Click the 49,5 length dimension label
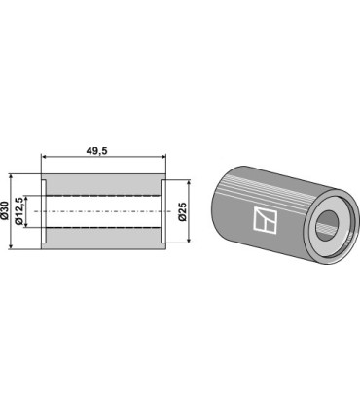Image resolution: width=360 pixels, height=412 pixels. (96, 151)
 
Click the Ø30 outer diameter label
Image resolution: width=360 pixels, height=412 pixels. (4, 210)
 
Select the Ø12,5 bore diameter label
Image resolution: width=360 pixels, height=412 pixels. (19, 211)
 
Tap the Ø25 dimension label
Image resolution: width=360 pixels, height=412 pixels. (183, 211)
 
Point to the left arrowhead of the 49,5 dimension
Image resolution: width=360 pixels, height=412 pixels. (44, 157)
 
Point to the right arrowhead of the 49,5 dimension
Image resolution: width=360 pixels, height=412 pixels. (162, 157)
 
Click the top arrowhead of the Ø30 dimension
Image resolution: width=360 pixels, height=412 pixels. (11, 177)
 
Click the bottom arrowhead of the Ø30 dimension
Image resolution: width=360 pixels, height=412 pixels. (11, 246)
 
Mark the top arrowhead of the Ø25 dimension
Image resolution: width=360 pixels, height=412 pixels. (189, 183)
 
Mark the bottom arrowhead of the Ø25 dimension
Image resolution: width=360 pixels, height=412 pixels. (189, 240)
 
